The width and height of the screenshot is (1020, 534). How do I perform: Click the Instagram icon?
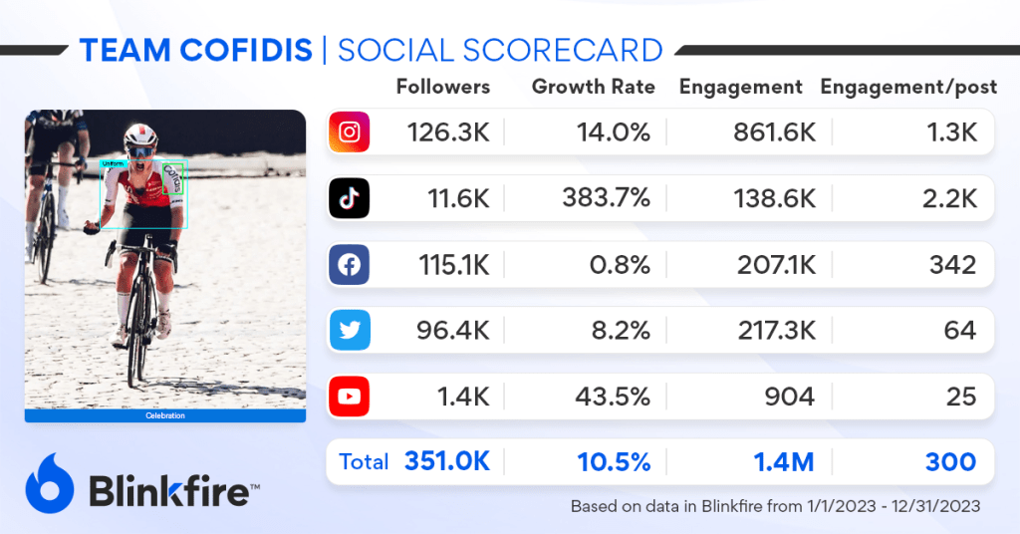tap(349, 133)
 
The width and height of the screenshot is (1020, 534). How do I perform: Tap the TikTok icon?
tap(349, 198)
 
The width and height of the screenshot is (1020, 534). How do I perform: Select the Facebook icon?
tap(349, 265)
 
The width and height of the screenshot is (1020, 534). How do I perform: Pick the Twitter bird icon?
tap(349, 331)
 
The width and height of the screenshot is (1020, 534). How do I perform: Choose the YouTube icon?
tap(349, 397)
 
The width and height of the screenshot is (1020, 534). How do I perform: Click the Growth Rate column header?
tap(594, 87)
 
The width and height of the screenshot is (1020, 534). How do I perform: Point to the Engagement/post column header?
tap(908, 87)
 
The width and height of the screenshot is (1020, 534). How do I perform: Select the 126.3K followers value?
tap(448, 133)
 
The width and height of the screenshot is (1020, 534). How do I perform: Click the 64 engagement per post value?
tap(960, 331)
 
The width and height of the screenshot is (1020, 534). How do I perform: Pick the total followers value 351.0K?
tap(447, 462)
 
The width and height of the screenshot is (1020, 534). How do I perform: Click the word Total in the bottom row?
tap(365, 462)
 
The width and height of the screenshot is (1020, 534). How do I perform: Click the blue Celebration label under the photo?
tap(165, 415)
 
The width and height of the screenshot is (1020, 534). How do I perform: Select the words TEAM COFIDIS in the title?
tap(195, 50)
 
